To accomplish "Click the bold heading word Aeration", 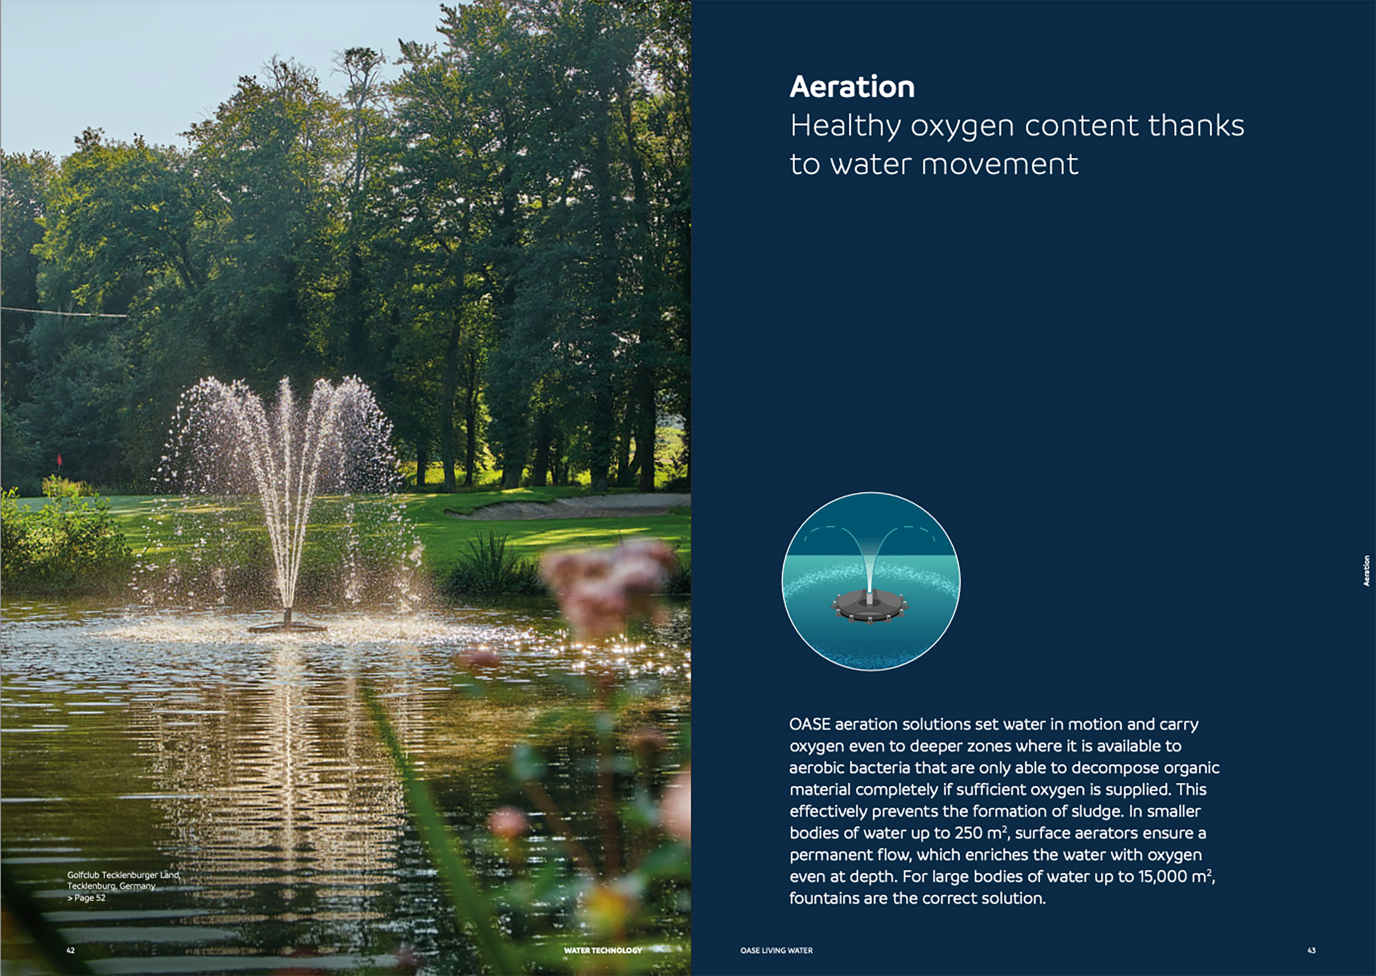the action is coord(852,86).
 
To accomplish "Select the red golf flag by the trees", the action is coord(59,459).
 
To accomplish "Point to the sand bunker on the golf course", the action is coord(567,505).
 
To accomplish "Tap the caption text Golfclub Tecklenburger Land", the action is coord(123,875).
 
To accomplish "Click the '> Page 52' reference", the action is coord(86,898).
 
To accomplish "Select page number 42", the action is coord(71,950).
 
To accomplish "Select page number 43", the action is coord(1311,950).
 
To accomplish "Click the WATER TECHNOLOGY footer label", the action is coord(603,950).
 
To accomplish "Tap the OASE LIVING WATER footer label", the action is coord(776,950).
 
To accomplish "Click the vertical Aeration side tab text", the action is coord(1366,571).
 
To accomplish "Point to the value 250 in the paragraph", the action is coord(969,833).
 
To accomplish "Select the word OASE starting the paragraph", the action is coord(810,724).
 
